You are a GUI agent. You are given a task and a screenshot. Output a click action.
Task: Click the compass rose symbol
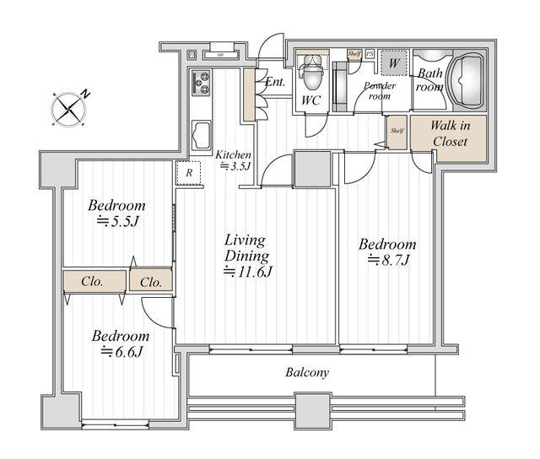tap(69, 108)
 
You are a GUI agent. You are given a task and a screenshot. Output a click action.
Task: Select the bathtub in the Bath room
tap(466, 84)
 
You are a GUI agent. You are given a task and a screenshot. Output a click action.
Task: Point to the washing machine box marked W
tap(392, 62)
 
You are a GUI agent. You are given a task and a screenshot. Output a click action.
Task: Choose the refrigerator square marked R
tap(188, 172)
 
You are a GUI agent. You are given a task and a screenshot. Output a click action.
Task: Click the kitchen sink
tap(202, 134)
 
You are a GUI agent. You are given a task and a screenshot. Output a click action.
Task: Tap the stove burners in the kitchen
tap(202, 82)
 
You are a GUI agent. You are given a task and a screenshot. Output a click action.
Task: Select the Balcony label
tap(306, 372)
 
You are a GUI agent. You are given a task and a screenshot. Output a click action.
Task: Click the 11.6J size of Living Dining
tap(246, 272)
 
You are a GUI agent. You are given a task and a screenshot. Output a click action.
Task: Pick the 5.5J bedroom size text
tap(117, 222)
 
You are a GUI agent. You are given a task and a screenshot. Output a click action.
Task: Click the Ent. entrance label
tap(275, 83)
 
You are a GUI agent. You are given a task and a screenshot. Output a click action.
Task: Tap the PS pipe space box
tap(370, 53)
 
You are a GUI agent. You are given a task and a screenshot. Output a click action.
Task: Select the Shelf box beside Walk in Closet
tap(397, 131)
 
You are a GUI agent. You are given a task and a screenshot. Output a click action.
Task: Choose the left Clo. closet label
tap(93, 282)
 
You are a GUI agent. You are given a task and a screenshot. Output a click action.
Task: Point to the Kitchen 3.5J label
tap(233, 160)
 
